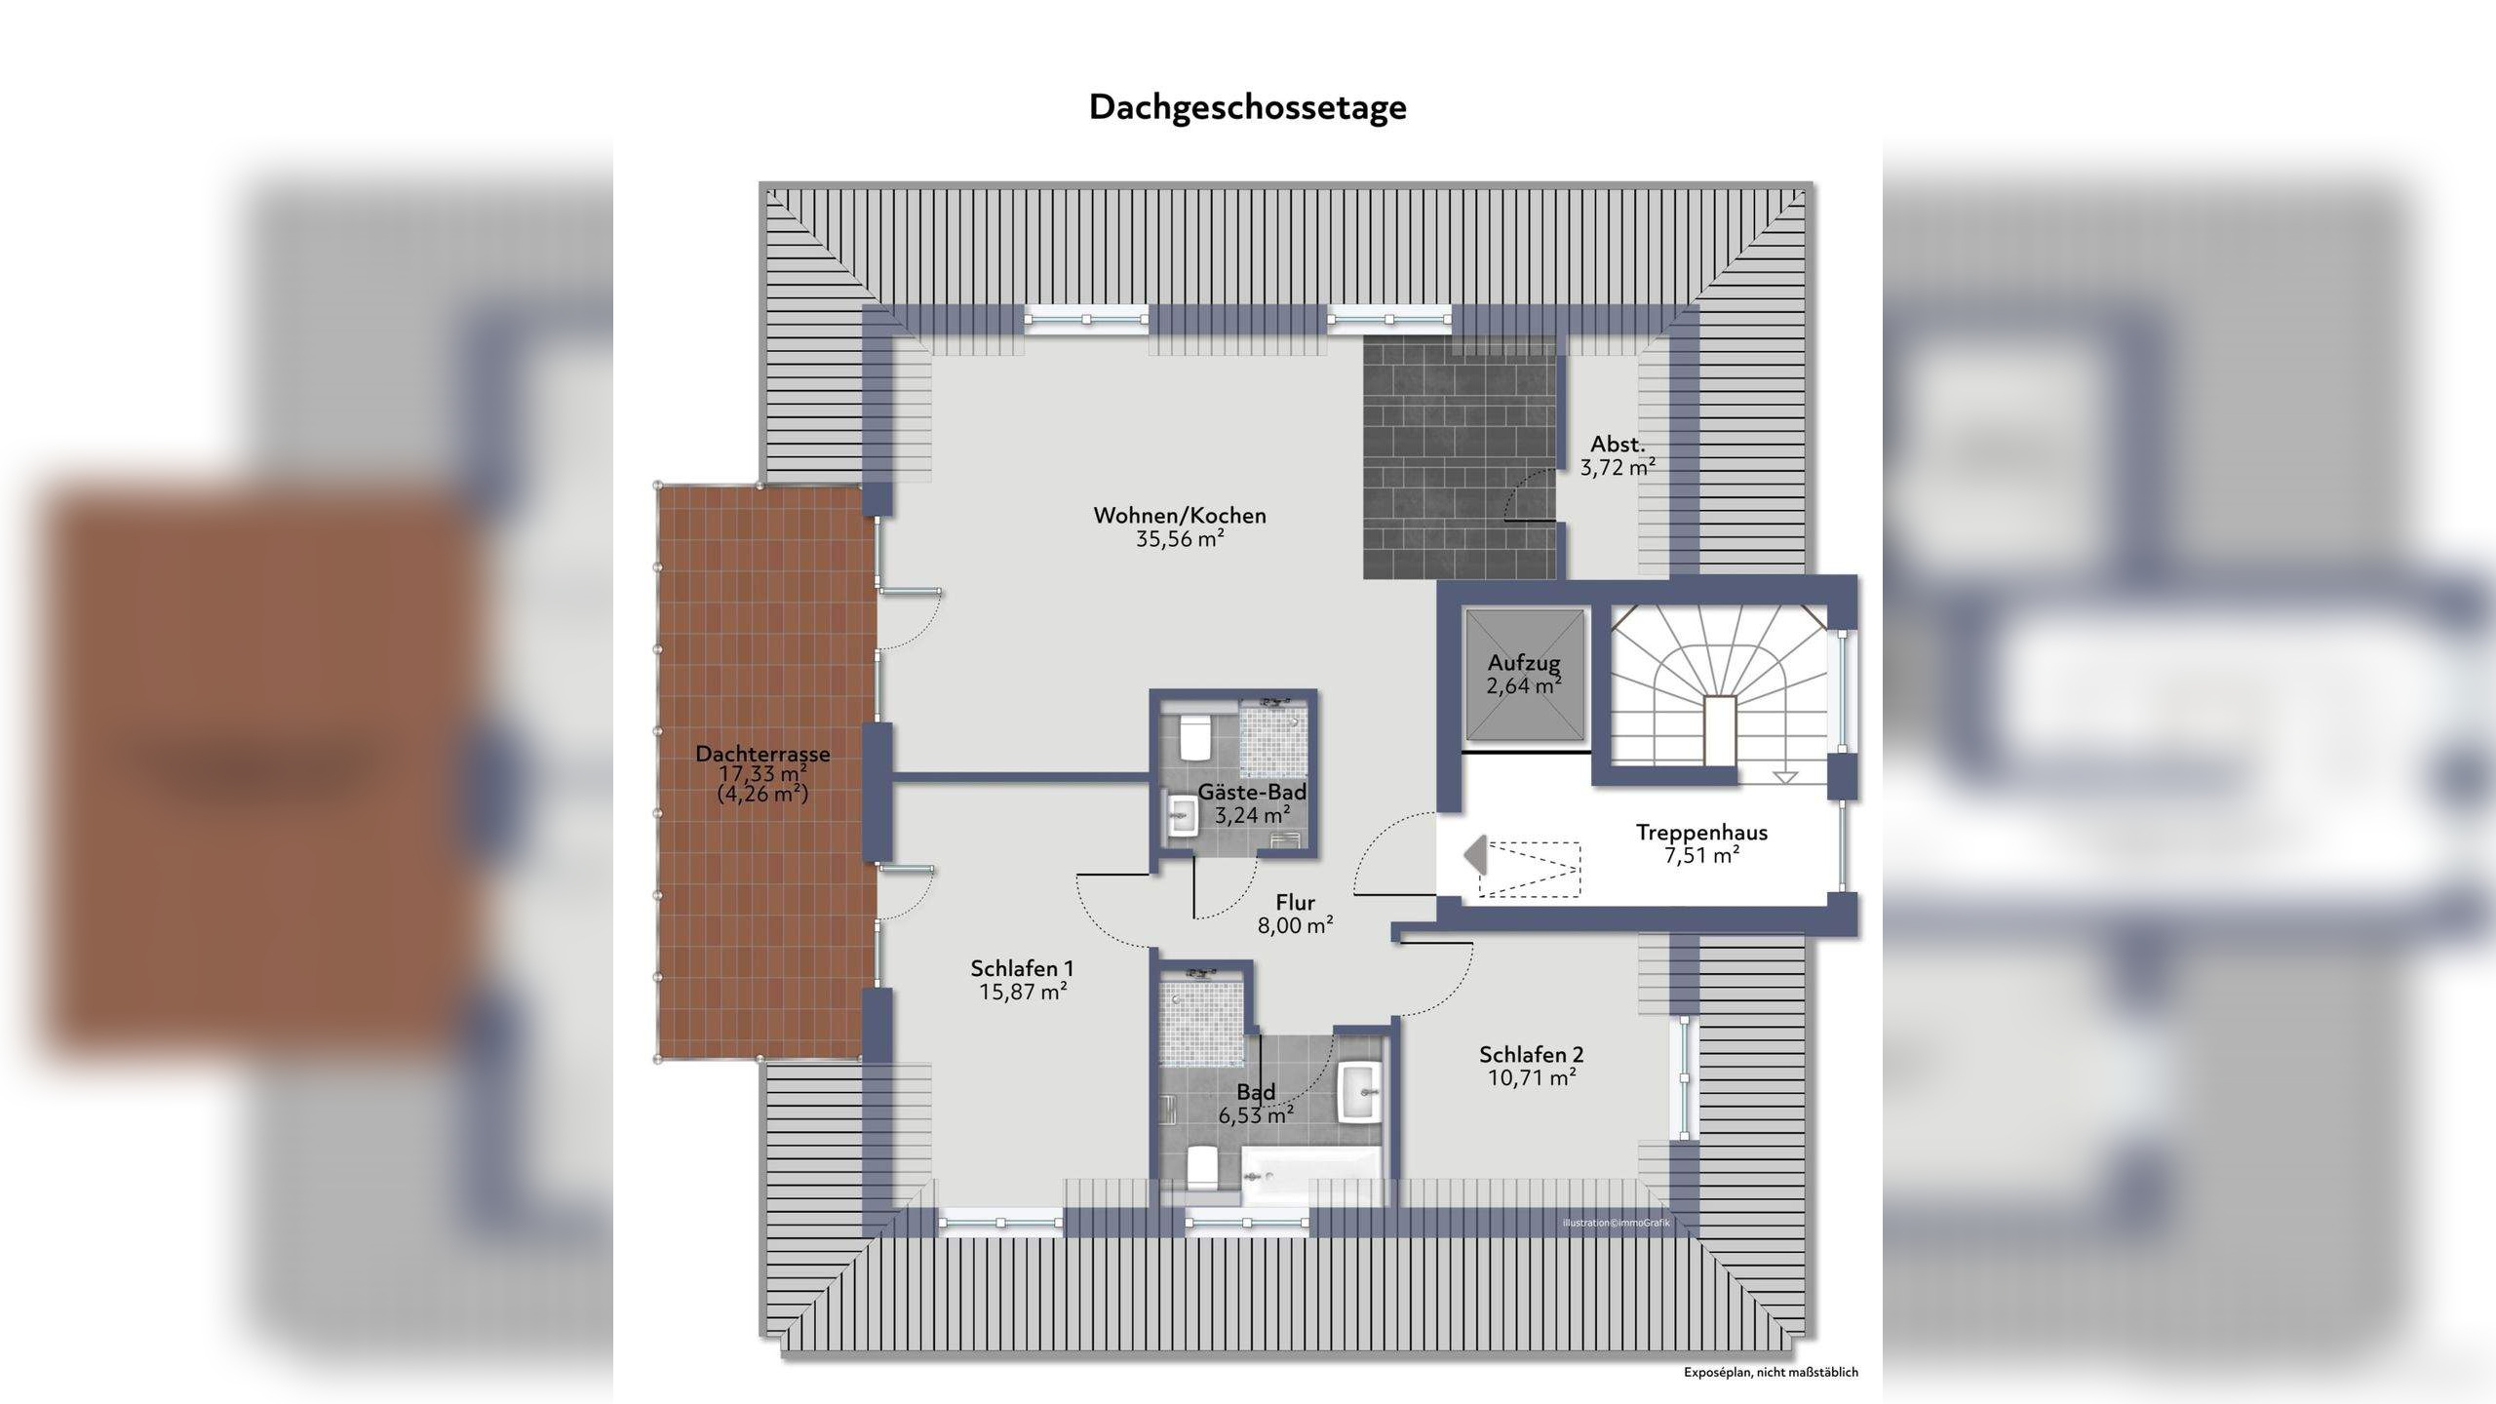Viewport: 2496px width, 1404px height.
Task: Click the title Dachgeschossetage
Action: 1247,108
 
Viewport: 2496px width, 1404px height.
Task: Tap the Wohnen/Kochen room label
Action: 1180,516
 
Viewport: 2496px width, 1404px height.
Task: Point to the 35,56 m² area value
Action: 1180,539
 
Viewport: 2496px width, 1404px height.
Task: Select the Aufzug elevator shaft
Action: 1524,675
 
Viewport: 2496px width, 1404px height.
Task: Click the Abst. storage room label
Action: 1618,444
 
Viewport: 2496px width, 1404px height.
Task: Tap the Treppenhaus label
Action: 1701,833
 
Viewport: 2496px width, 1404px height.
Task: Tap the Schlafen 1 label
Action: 1022,968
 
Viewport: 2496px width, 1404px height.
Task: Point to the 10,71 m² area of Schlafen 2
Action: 1532,1077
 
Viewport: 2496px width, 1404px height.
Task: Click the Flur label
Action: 1295,903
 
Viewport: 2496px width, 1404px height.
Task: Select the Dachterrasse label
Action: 762,754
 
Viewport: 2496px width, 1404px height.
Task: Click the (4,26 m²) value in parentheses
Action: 762,794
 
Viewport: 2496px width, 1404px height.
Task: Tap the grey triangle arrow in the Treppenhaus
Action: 1475,855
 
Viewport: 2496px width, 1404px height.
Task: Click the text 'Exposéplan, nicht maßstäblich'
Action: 1771,1372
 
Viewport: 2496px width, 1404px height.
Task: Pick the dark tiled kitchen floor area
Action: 1460,458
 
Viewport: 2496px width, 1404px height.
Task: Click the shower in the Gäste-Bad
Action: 1272,738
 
